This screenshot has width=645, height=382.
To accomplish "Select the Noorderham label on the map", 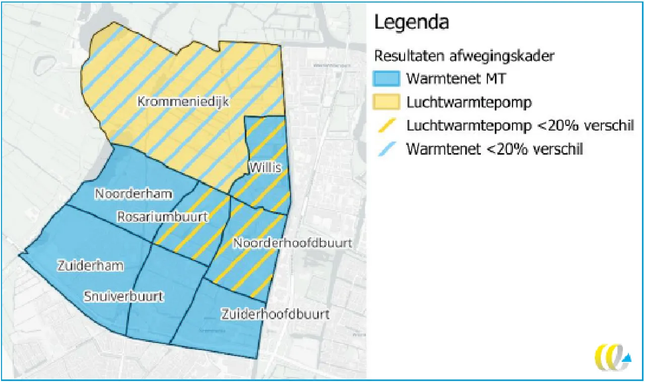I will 134,194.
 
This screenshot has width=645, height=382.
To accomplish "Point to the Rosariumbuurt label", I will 163,217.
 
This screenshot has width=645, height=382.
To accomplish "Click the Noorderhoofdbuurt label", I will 292,243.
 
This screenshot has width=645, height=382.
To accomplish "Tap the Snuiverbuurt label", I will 123,296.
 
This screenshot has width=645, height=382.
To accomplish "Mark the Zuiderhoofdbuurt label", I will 275,314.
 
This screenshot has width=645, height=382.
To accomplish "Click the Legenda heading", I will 411,23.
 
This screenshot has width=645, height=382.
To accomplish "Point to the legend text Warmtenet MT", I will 457,79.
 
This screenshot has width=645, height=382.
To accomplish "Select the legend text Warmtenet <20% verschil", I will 494,149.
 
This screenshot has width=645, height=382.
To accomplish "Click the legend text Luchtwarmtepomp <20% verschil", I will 520,126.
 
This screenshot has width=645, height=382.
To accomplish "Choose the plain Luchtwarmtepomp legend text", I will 469,102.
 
